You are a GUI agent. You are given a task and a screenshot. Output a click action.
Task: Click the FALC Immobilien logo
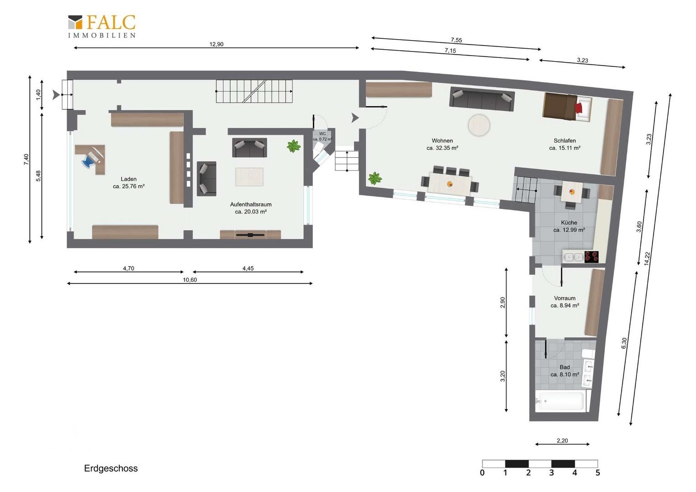coord(102,26)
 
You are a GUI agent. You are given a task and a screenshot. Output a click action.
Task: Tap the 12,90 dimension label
coord(216,44)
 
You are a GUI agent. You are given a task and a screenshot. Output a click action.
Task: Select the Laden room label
coord(128,179)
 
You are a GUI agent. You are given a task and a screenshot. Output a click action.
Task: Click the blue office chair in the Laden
coord(88,161)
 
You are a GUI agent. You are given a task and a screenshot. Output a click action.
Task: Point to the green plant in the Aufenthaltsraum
coord(294,146)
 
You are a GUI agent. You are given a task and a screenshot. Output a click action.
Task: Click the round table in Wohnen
coord(479,125)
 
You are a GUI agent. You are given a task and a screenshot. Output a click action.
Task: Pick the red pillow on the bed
coord(579,108)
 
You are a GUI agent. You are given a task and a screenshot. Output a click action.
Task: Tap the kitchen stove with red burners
coord(591,257)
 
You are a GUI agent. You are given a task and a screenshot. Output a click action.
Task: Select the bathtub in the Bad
coord(561,401)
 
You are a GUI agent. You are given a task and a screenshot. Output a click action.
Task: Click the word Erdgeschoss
coord(111,468)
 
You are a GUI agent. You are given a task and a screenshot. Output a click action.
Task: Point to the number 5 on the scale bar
coord(598,473)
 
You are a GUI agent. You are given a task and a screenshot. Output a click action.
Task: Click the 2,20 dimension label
coord(562,441)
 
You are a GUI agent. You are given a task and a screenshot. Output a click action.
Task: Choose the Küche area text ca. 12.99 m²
coord(569,230)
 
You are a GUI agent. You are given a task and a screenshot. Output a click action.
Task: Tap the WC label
coord(322,133)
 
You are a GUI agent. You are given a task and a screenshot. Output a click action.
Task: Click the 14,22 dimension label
coord(647,259)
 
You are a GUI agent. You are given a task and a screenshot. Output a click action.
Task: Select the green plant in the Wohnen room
coord(375,179)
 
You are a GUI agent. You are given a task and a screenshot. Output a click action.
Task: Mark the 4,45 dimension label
coord(248,268)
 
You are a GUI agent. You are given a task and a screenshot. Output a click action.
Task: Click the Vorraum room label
coord(564,298)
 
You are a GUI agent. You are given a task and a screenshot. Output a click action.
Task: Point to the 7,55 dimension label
coord(456,40)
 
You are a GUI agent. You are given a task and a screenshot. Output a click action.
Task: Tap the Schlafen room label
coord(564,140)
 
